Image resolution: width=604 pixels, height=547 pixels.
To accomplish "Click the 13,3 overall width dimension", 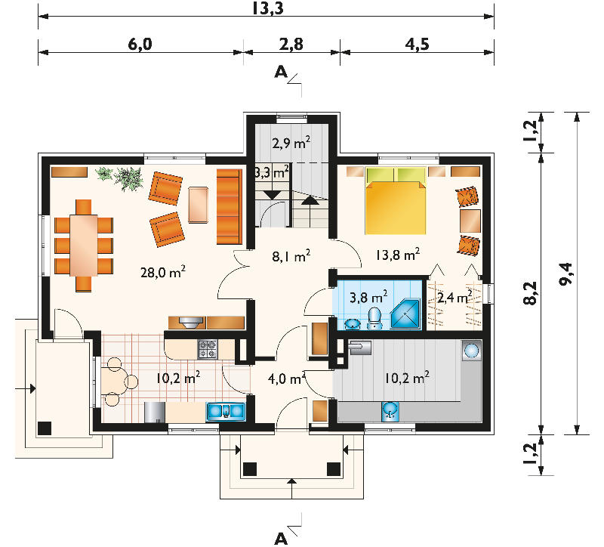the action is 268,8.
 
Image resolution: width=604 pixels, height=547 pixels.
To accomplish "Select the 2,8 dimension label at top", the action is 291,45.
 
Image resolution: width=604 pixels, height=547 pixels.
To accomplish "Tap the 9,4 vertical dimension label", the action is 565,273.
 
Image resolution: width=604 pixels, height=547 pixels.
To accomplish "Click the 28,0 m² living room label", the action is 163,272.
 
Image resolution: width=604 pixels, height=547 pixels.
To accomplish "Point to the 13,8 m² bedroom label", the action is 398,255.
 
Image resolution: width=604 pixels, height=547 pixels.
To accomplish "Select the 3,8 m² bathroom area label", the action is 368,297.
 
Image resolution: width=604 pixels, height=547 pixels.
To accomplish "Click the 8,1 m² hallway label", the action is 291,255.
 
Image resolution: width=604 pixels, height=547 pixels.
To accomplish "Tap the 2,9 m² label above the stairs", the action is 291,143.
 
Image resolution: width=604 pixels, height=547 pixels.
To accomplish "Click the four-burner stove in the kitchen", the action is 208,349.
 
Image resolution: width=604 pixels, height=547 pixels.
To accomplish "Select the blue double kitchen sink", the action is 226,411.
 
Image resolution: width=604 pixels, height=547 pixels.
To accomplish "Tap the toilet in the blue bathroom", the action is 374,318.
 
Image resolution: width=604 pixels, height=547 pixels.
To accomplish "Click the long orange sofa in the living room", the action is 230,206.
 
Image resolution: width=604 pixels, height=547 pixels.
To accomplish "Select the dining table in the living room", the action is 84,245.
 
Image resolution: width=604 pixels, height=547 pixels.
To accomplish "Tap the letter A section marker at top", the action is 281,72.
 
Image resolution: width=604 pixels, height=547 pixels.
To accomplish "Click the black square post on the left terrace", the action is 45,428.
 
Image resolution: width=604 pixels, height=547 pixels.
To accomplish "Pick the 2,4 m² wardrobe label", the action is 455,298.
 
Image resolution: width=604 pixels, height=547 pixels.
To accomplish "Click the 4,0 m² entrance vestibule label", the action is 287,379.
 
